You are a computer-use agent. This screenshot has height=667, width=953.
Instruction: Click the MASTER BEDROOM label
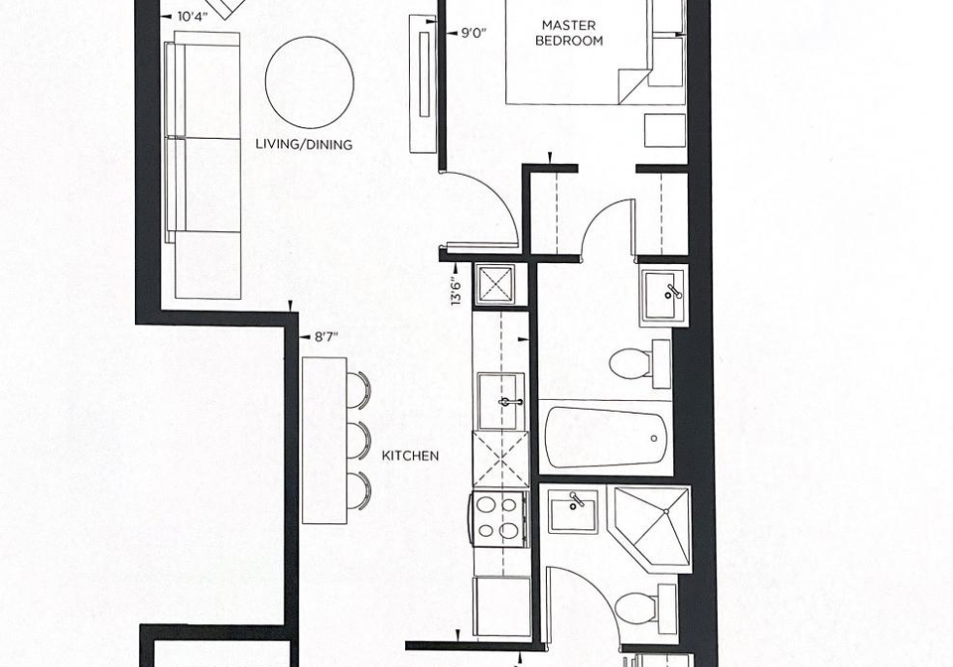click(569, 33)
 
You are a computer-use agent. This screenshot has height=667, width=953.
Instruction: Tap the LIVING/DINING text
click(304, 145)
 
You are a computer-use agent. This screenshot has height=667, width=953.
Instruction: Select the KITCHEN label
click(410, 456)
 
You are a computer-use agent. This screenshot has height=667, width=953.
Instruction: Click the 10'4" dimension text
click(193, 17)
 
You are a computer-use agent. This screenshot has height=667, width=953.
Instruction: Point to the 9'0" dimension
click(475, 33)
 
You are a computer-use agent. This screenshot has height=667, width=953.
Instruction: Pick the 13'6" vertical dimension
click(457, 291)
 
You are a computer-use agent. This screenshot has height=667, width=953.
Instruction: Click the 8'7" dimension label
click(326, 336)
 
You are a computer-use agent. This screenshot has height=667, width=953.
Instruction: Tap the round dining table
click(310, 82)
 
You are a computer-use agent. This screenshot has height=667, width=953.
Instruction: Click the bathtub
click(606, 438)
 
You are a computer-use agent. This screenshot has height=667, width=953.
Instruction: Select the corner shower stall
click(653, 528)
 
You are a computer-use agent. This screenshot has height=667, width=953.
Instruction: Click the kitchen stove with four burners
click(498, 518)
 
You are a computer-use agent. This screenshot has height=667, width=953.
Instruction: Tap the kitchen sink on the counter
click(500, 402)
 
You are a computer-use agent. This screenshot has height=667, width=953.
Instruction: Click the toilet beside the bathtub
click(639, 363)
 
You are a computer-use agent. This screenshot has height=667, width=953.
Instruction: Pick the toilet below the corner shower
click(645, 607)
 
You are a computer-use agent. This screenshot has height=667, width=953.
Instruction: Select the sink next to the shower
click(573, 510)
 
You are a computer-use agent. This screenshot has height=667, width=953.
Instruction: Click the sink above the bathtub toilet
click(664, 295)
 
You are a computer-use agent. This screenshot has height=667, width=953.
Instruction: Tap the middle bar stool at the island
click(358, 440)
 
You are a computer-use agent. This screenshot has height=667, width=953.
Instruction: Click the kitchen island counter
click(325, 440)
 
